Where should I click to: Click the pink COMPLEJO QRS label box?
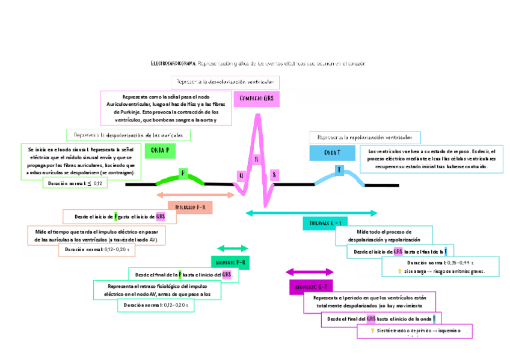[256, 98]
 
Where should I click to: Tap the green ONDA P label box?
[159, 150]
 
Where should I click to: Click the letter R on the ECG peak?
[257, 159]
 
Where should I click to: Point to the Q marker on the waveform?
[241, 175]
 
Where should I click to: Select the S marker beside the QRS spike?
[274, 174]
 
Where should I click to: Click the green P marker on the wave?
[183, 174]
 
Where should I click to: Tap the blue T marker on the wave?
[339, 170]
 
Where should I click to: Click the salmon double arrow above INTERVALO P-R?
[195, 195]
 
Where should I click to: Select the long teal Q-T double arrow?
[312, 213]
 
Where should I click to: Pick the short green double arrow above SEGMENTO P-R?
[233, 248]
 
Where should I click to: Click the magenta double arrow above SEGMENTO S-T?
[309, 272]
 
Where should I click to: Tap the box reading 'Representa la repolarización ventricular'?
[364, 137]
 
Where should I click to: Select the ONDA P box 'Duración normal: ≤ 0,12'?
[75, 183]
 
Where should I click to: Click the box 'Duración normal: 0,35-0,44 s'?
[440, 263]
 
